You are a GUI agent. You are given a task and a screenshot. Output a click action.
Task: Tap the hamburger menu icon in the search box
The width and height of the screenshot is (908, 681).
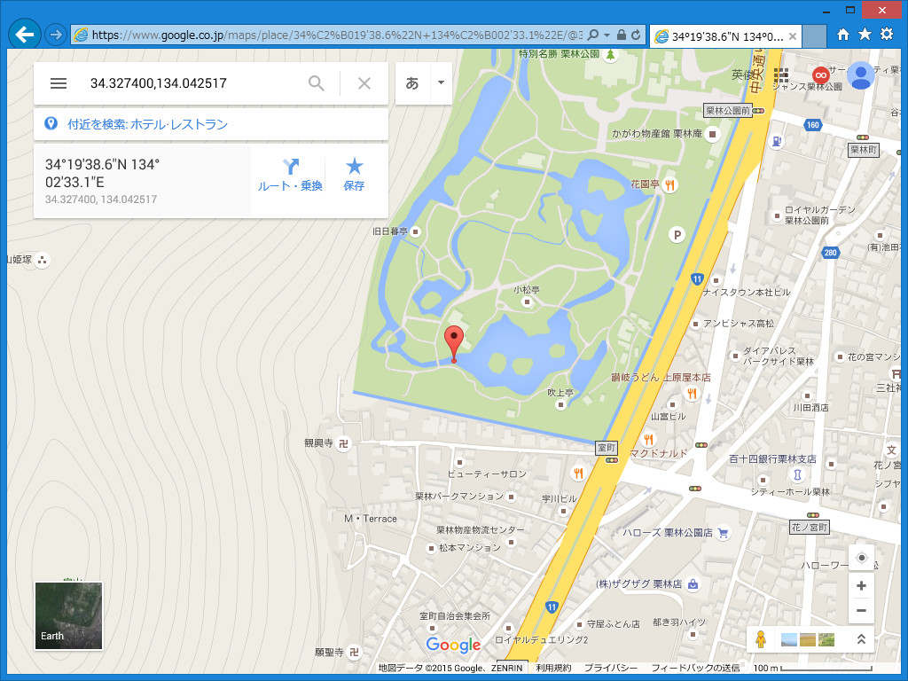59,83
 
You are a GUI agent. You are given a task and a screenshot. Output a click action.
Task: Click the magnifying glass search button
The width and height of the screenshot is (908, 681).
317,83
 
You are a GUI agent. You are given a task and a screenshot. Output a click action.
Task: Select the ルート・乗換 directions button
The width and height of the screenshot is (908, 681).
290,175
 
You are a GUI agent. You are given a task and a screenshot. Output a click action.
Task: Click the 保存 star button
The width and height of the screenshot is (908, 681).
354,175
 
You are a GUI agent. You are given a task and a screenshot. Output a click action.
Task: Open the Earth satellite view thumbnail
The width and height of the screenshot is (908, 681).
68,615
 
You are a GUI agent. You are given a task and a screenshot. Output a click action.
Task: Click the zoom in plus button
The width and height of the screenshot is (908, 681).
861,586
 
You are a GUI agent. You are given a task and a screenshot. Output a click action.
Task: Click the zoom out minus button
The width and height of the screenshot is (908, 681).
861,611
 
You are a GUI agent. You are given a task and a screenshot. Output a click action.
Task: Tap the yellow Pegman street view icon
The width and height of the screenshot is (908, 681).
760,638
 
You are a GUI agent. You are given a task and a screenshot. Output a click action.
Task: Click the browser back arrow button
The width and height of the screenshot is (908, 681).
25,35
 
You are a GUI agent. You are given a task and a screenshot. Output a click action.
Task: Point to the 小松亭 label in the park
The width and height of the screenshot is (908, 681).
527,290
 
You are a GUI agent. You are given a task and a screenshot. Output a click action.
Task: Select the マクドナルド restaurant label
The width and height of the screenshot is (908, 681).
658,454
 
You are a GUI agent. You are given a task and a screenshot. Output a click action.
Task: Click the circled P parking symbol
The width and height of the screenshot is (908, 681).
677,235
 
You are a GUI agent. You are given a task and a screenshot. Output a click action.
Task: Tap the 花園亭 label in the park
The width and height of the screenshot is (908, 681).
645,184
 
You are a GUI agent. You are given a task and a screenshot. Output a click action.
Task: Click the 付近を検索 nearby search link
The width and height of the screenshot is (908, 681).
147,124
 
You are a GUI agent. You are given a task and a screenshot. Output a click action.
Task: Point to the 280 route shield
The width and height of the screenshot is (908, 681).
830,253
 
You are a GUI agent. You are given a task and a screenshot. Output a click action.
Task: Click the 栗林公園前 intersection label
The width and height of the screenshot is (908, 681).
728,111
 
